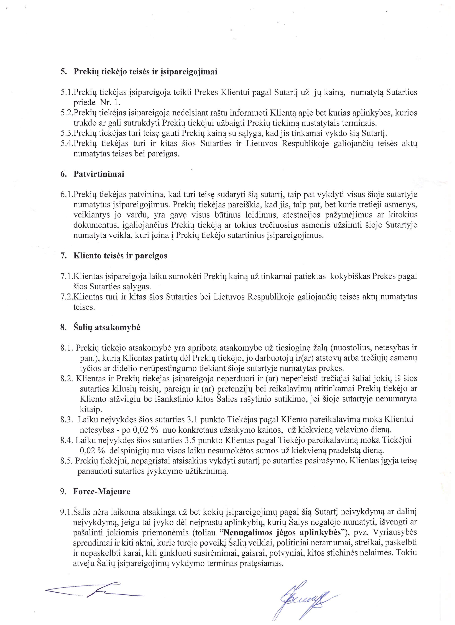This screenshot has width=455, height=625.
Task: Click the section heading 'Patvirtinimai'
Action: pos(99,174)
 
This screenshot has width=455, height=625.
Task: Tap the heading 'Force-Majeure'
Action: pos(102,492)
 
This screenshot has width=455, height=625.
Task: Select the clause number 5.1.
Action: pos(67,92)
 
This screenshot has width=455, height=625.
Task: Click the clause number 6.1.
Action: pos(67,195)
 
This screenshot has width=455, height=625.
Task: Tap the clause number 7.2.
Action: pos(67,297)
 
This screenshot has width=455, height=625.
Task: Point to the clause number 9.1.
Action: pos(67,512)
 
